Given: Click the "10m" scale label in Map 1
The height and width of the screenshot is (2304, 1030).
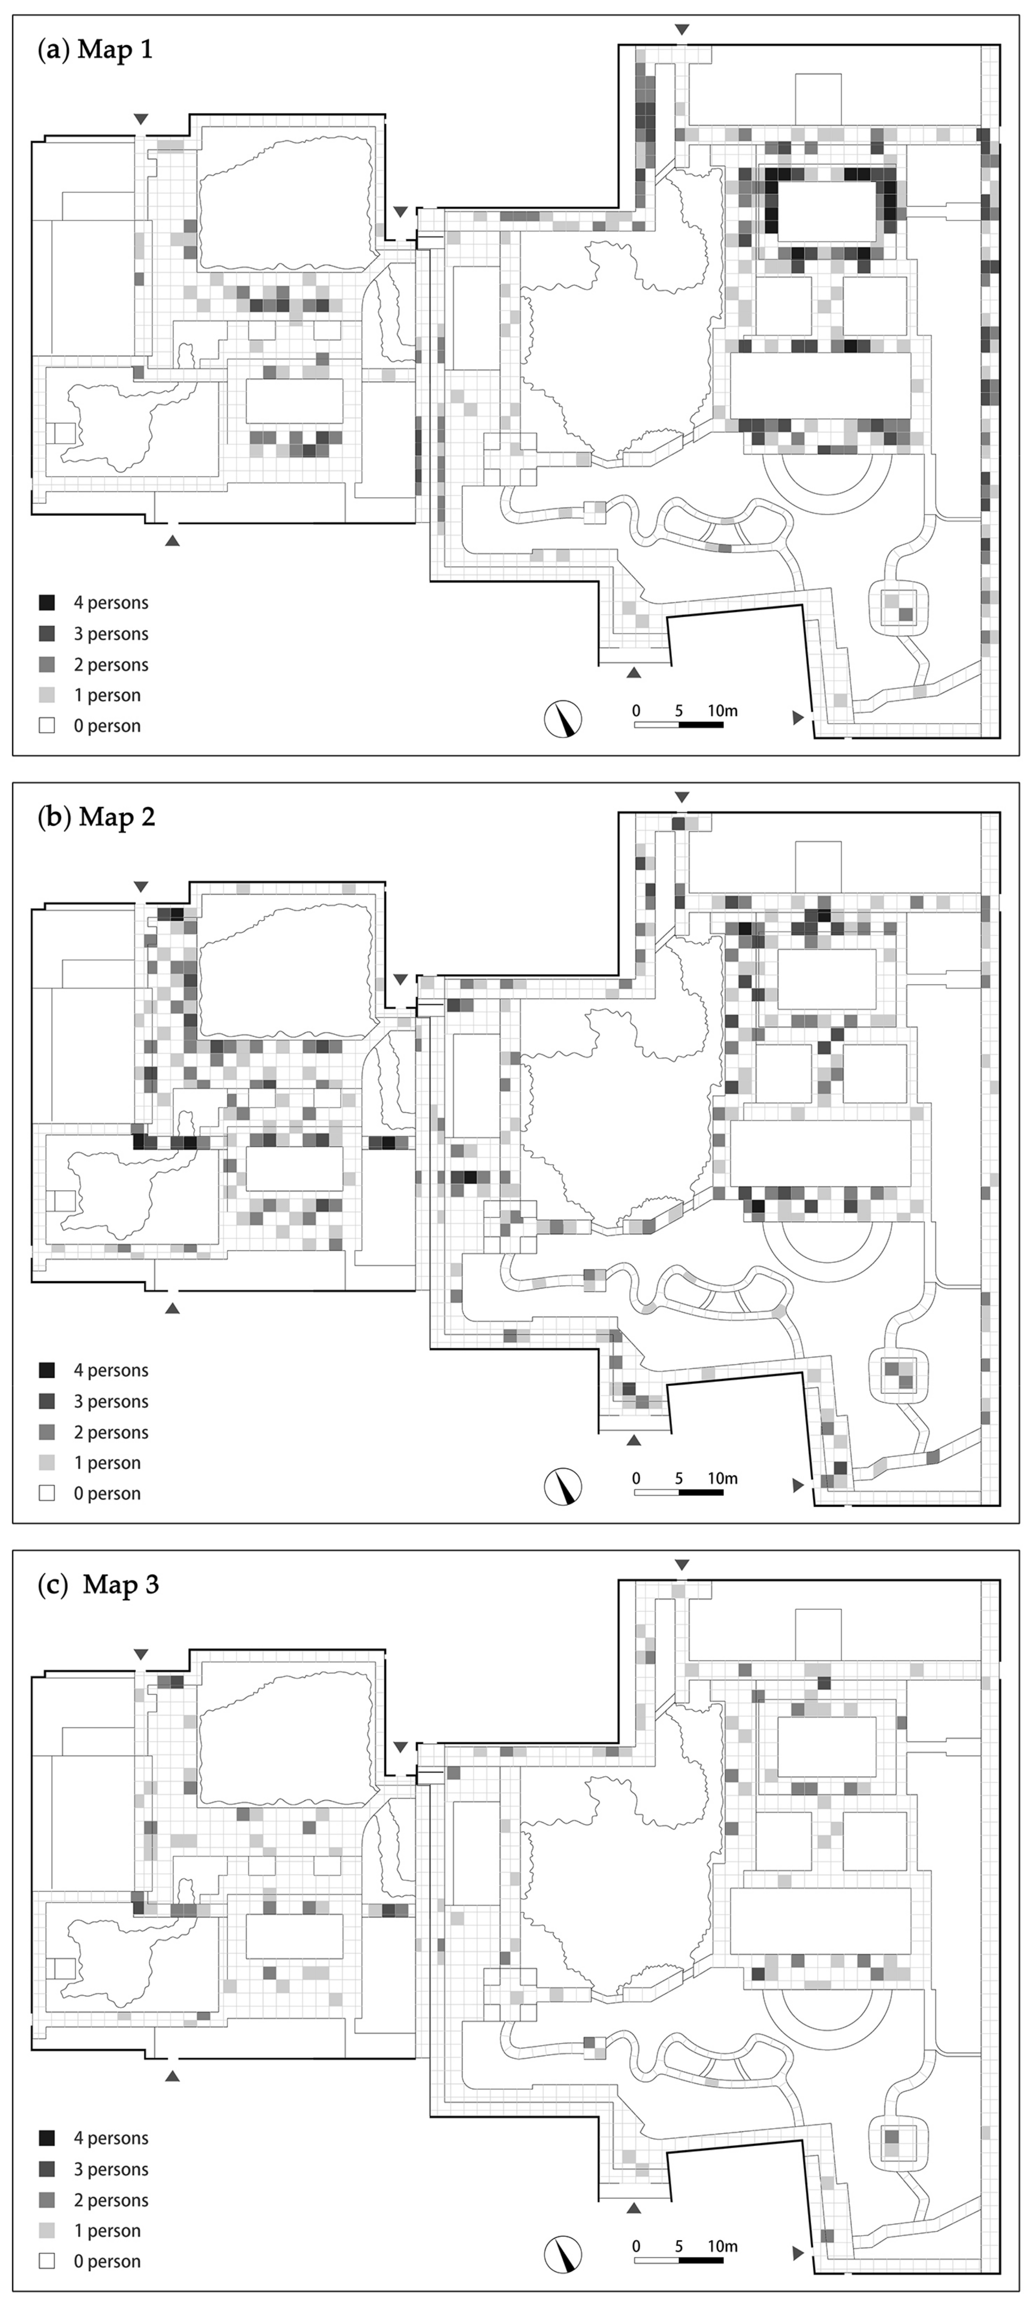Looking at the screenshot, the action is coord(722,710).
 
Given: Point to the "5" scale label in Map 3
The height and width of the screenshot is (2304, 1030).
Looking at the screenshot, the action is coord(680,2245).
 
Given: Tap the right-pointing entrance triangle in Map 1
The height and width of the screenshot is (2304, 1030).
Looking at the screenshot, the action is coord(798,717).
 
